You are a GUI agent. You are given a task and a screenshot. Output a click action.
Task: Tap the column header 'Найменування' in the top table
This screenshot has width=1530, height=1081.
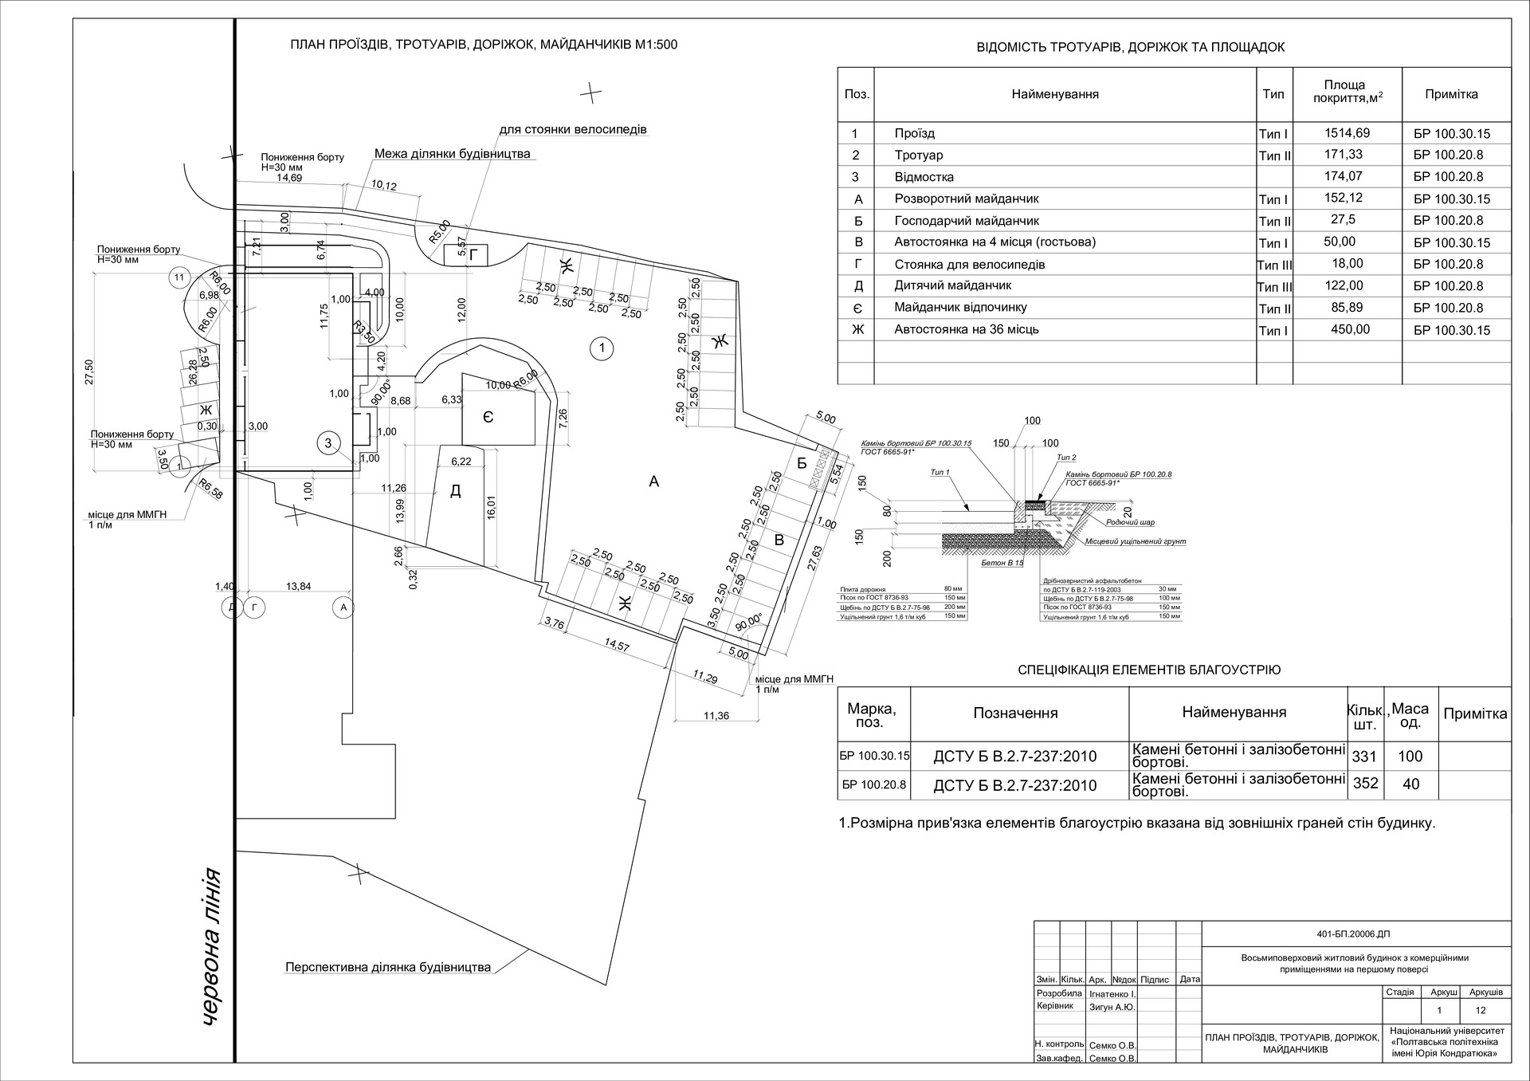[1055, 94]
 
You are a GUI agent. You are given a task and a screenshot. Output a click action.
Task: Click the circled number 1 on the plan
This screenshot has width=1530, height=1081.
[602, 348]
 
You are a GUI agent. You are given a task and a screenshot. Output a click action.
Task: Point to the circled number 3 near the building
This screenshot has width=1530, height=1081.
[328, 442]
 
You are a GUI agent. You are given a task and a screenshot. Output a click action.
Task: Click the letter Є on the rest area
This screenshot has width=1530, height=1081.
[488, 417]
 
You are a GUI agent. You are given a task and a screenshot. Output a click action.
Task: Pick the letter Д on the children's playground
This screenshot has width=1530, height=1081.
[456, 491]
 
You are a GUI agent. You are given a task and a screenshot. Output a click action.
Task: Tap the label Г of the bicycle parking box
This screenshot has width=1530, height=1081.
[475, 255]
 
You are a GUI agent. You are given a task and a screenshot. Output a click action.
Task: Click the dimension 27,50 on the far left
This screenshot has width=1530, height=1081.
[88, 371]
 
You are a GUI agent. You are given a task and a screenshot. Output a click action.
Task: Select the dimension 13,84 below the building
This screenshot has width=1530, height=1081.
[298, 587]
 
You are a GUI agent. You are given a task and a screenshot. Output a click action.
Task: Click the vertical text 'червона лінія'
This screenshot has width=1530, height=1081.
[210, 945]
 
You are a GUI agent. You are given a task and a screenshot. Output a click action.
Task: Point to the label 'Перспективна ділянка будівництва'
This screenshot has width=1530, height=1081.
[388, 968]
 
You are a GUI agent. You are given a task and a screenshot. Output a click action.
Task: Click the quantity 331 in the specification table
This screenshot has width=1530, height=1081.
[1365, 756]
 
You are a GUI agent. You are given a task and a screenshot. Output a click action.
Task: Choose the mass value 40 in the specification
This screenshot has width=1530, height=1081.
[1410, 784]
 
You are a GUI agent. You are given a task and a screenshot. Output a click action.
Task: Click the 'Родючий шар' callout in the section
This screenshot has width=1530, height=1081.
[1130, 523]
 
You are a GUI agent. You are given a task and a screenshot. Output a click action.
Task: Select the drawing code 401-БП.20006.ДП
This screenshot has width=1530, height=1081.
[1354, 934]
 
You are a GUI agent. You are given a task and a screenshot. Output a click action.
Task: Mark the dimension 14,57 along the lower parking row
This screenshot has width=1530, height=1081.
[617, 646]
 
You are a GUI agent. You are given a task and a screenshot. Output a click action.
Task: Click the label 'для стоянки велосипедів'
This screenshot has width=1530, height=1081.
[572, 129]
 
